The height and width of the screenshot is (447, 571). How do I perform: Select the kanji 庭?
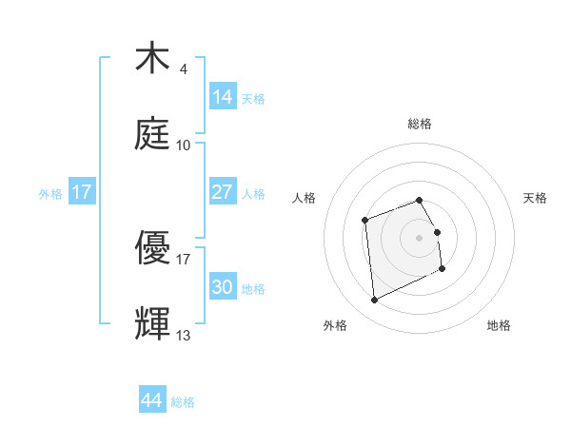click(x=153, y=136)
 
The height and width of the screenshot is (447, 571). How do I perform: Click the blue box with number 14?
click(x=223, y=97)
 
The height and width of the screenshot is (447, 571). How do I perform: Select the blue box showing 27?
click(x=223, y=192)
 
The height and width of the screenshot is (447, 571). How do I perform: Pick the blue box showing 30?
click(x=223, y=287)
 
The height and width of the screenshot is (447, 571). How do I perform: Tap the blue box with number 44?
click(x=152, y=400)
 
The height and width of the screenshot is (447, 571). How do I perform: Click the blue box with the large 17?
click(x=82, y=192)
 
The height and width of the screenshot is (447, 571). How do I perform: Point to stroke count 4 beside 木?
click(x=183, y=68)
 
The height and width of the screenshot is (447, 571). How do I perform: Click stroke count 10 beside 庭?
click(x=183, y=146)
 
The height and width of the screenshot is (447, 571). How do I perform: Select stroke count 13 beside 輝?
click(x=183, y=335)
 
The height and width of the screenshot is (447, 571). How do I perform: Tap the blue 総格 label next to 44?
click(x=184, y=402)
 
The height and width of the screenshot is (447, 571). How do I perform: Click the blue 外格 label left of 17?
click(x=50, y=193)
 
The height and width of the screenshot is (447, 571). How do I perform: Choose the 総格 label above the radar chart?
click(x=419, y=124)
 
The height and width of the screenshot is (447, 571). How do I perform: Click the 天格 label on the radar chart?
click(x=535, y=198)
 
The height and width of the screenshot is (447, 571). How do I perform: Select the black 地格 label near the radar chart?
click(x=499, y=325)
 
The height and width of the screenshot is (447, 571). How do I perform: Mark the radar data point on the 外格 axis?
click(x=374, y=301)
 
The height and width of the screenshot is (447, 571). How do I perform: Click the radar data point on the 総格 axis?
click(x=419, y=201)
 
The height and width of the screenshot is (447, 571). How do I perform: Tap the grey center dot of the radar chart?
click(x=419, y=236)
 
